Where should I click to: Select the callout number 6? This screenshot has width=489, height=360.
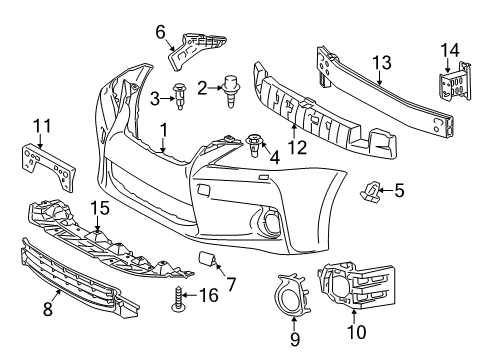click(160, 31)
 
